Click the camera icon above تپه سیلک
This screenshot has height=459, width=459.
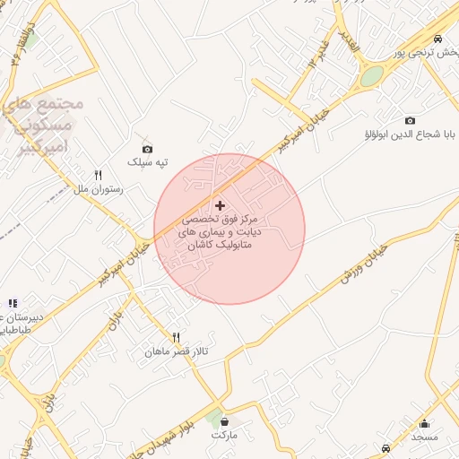click(147, 149)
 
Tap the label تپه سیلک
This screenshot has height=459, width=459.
click(149, 162)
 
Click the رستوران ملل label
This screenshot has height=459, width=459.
click(99, 190)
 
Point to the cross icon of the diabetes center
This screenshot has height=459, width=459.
click(221, 205)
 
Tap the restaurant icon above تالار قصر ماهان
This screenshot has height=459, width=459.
click(177, 338)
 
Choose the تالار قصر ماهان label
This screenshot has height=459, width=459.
click(177, 352)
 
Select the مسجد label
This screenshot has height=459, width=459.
click(424, 437)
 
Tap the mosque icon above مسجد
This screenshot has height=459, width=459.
click(424, 423)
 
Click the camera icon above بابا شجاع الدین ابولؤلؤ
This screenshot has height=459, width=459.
click(411, 120)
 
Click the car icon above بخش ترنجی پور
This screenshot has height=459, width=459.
click(437, 39)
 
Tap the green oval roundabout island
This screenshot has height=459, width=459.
click(372, 76)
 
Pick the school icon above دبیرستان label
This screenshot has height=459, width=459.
click(13, 304)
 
